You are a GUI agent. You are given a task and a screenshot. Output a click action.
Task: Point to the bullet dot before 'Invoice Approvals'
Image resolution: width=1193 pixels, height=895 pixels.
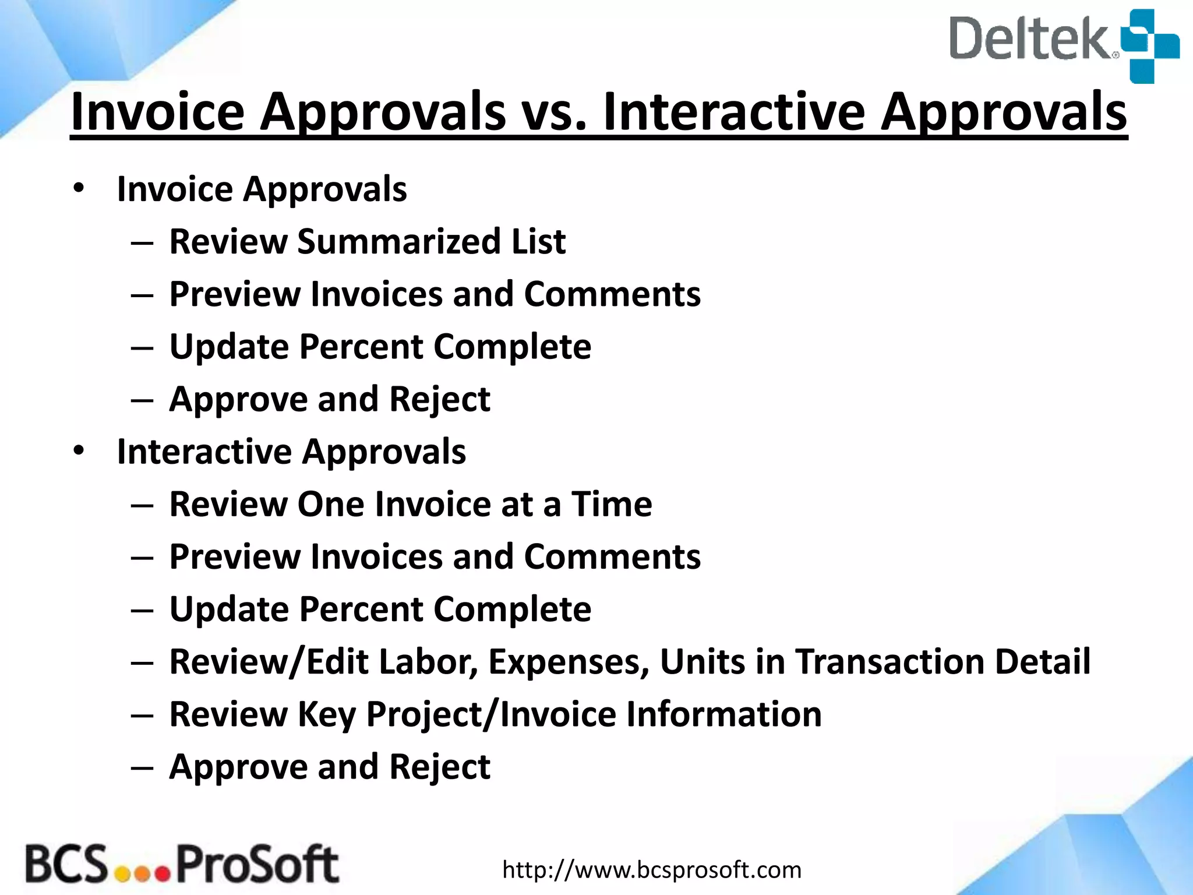tap(79, 188)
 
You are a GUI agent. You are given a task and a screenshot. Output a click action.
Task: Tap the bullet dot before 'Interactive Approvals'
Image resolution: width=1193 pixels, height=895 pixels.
tap(79, 450)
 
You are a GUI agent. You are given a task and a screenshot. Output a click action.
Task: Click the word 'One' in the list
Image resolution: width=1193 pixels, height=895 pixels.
tap(330, 504)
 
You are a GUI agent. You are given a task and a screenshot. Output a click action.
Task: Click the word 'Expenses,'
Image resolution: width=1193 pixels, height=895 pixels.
tap(569, 662)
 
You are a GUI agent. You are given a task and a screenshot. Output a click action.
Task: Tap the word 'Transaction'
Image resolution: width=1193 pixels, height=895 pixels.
tap(889, 662)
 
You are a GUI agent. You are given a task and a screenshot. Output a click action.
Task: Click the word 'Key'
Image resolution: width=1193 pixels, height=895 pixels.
tap(326, 715)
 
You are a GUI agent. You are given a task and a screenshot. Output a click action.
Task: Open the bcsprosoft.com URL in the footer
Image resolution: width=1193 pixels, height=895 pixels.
tap(651, 870)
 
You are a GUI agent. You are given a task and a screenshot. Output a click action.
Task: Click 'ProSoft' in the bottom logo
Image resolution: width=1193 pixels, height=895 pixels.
tap(256, 865)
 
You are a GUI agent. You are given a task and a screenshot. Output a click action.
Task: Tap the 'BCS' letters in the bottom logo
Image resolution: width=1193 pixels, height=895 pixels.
tap(66, 865)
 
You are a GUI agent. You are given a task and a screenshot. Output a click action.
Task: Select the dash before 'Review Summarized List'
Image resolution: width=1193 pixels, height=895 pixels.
tap(142, 242)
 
